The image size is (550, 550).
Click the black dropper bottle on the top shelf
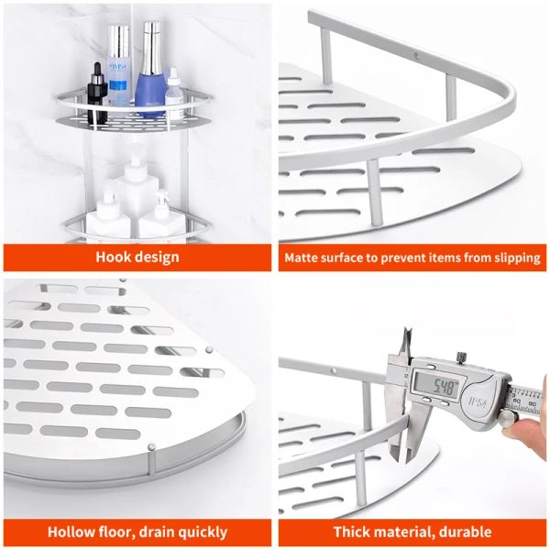point(96,84)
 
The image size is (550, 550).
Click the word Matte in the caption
point(302,258)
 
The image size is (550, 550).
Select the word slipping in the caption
point(515,258)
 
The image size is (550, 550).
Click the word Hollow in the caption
point(70,532)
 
